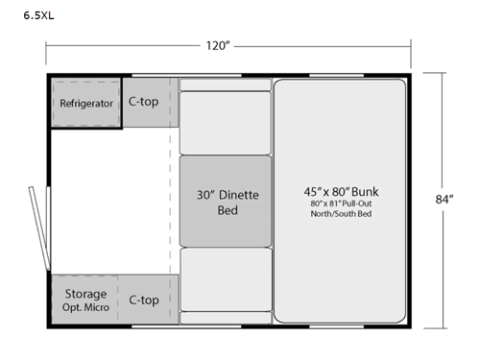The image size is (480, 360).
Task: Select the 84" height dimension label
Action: pyautogui.click(x=444, y=200)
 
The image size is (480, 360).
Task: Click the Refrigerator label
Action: pyautogui.click(x=86, y=104)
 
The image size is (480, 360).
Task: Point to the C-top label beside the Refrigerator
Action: pyautogui.click(x=143, y=102)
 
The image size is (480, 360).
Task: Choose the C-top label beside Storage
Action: pyautogui.click(x=143, y=300)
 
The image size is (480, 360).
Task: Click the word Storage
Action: pyautogui.click(x=84, y=293)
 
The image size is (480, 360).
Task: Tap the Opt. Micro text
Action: pyautogui.click(x=85, y=307)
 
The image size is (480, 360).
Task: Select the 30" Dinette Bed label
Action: pyautogui.click(x=227, y=202)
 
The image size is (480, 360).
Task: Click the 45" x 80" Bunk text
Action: pyautogui.click(x=340, y=191)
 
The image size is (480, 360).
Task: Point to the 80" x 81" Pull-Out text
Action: pyautogui.click(x=339, y=204)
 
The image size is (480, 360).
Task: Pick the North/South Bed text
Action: pyautogui.click(x=339, y=214)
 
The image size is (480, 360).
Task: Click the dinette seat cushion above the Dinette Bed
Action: pyautogui.click(x=226, y=122)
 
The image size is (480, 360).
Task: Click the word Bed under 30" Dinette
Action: pyautogui.click(x=228, y=209)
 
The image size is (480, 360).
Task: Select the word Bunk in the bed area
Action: pyautogui.click(x=366, y=191)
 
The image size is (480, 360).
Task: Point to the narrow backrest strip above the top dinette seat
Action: pyautogui.click(x=226, y=84)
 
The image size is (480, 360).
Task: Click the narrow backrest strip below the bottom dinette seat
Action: pyautogui.click(x=226, y=318)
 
